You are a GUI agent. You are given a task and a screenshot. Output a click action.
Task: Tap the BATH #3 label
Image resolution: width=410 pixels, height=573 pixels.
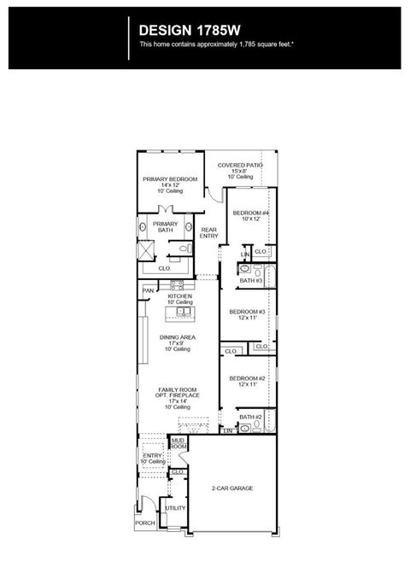(250, 280)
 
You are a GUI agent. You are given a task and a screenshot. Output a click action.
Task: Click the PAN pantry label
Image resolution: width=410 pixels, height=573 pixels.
(148, 290)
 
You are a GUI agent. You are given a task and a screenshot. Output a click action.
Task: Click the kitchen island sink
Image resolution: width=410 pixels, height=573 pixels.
(182, 313)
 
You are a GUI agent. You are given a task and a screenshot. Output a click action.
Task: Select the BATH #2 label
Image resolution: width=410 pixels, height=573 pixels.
(250, 417)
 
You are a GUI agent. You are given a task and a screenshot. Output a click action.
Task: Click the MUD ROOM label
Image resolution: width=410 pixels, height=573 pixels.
(179, 443)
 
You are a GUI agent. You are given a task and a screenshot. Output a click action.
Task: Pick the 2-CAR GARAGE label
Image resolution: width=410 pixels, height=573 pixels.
(232, 488)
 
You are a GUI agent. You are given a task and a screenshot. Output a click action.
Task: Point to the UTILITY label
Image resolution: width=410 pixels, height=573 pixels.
(175, 507)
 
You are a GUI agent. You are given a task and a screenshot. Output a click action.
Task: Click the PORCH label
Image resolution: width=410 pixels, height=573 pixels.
(145, 523)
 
